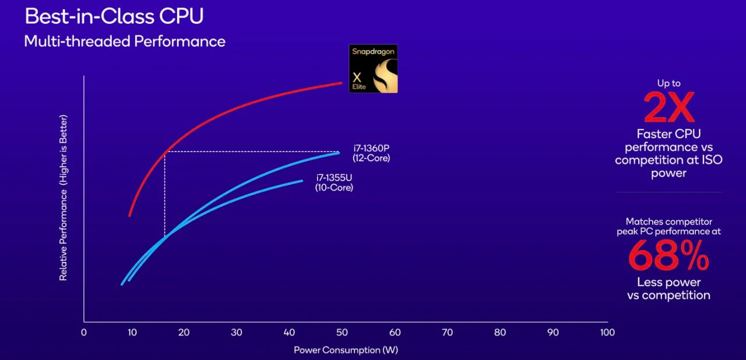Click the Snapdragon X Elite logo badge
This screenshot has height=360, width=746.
tap(373, 69)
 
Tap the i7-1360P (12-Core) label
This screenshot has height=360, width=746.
tap(371, 153)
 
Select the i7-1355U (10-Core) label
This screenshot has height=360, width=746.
tap(334, 183)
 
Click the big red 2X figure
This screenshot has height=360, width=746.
tap(669, 107)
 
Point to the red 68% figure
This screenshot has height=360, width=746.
tap(668, 256)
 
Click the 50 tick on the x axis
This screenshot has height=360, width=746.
tap(342, 333)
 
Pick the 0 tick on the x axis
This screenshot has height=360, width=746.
tap(84, 333)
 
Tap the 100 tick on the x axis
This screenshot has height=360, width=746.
tap(607, 333)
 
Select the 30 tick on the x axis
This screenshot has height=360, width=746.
tap(237, 333)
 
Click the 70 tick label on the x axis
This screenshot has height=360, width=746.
tap(447, 333)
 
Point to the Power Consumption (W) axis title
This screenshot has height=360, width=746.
tap(346, 350)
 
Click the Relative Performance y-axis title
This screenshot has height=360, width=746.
tap(63, 197)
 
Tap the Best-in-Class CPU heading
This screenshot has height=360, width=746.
tap(114, 16)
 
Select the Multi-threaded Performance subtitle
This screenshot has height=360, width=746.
tap(125, 41)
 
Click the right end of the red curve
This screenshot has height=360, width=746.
tap(342, 83)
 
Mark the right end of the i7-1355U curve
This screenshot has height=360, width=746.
tap(302, 181)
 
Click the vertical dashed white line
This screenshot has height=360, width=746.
tap(164, 194)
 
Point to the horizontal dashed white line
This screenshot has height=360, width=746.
tap(252, 151)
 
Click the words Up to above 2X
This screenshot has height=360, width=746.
tap(668, 83)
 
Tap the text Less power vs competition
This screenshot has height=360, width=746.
tap(668, 289)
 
